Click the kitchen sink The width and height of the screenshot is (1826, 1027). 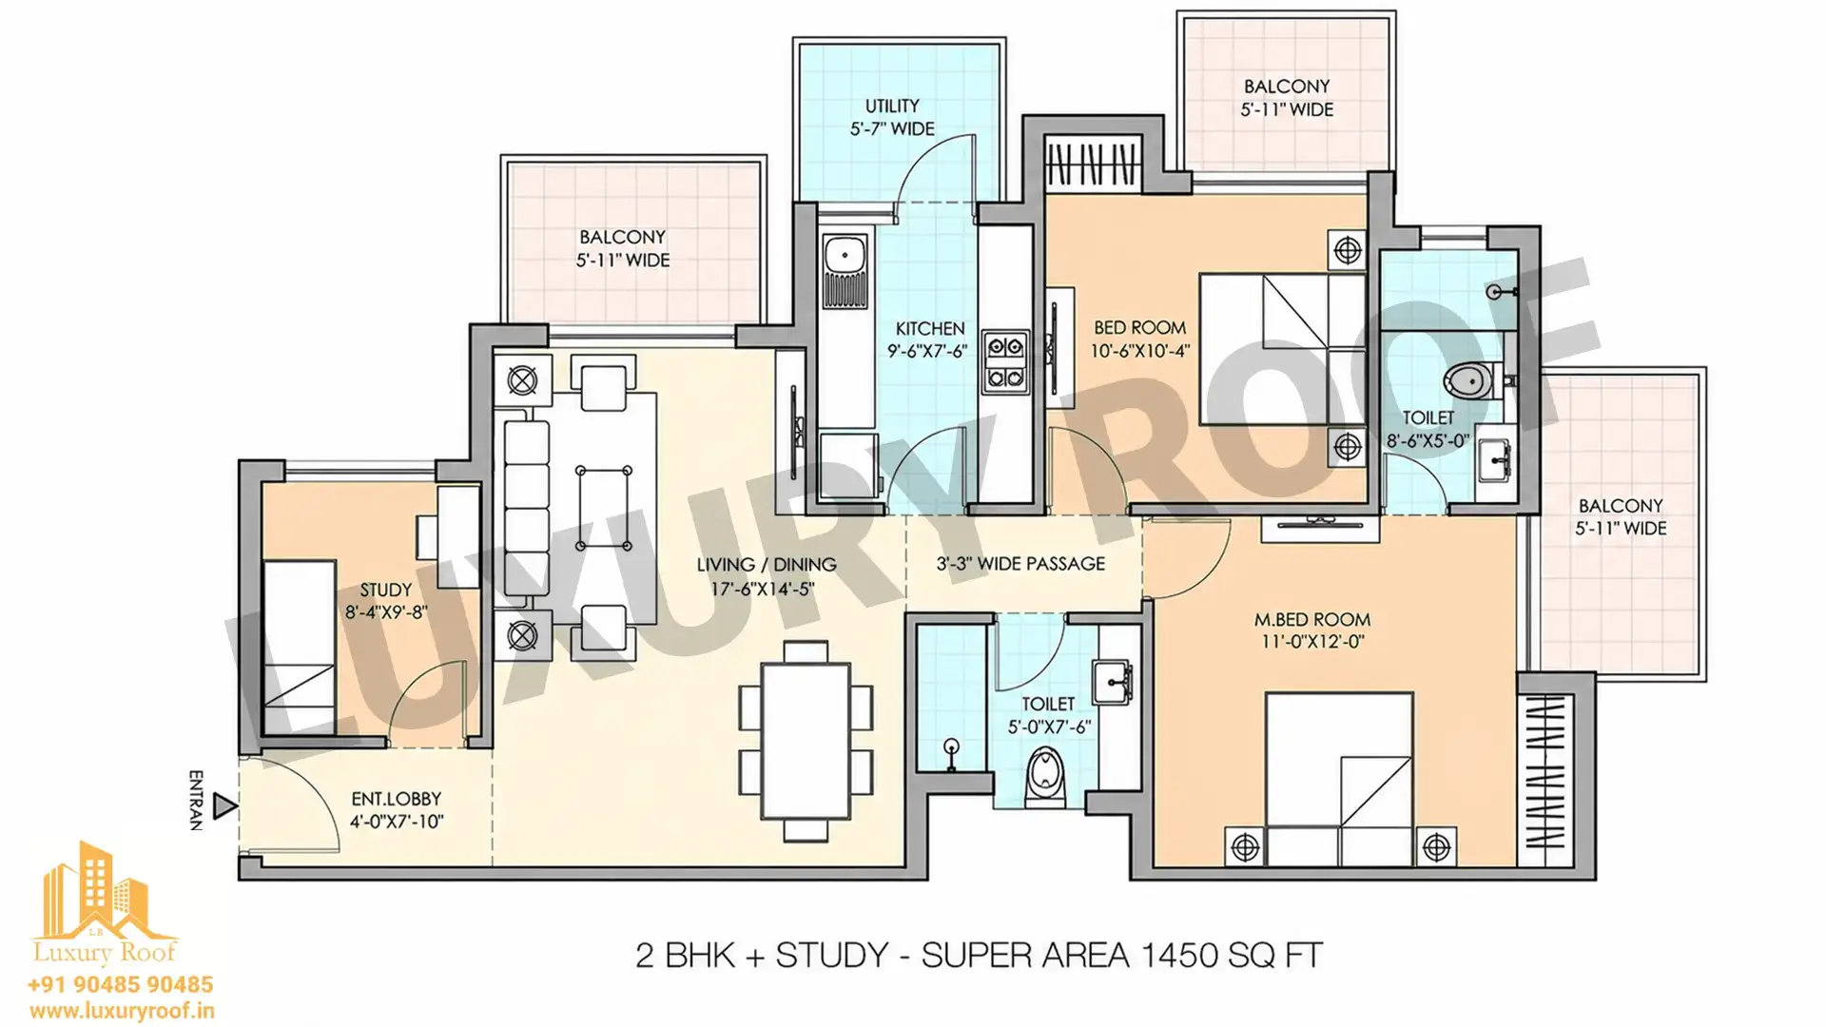(844, 255)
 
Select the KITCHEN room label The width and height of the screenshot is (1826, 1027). (929, 328)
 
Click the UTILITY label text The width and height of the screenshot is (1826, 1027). (892, 106)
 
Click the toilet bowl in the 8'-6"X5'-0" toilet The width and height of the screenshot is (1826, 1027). (1472, 381)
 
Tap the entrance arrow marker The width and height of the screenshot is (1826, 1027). (224, 806)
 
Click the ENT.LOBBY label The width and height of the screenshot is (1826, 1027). (396, 799)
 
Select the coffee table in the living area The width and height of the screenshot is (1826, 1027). (604, 508)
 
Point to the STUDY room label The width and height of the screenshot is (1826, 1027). (386, 591)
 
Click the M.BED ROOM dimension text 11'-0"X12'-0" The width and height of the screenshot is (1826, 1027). (1312, 642)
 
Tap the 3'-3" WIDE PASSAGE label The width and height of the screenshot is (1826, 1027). (1020, 564)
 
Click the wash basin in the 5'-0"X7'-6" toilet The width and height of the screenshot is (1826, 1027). (1112, 680)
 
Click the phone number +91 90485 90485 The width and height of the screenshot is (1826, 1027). (121, 984)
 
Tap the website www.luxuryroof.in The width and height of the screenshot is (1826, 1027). (121, 1011)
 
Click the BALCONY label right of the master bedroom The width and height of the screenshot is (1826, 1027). (1621, 506)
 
